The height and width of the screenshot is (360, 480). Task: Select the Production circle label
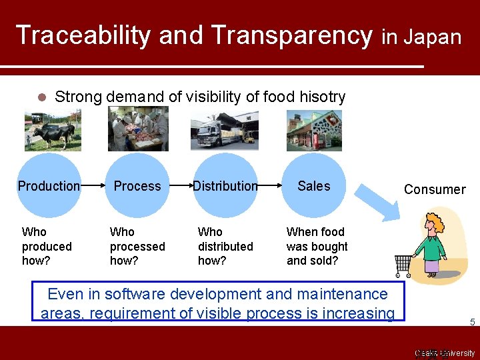click(x=49, y=186)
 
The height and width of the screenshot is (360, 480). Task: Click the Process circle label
click(x=137, y=186)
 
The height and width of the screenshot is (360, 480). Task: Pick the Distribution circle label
click(x=225, y=186)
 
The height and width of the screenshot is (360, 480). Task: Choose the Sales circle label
click(x=314, y=186)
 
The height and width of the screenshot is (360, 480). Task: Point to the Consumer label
click(x=435, y=189)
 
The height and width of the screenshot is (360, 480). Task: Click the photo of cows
click(x=53, y=131)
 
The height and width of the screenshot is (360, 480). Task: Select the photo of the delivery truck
click(x=224, y=131)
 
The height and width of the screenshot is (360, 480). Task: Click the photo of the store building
click(x=313, y=131)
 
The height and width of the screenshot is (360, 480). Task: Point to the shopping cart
click(x=403, y=265)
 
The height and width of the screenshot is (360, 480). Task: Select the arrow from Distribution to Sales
click(x=269, y=186)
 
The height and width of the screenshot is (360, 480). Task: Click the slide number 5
click(x=472, y=323)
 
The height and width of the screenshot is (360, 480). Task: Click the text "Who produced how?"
click(x=46, y=246)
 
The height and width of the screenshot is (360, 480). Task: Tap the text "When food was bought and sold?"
click(x=317, y=246)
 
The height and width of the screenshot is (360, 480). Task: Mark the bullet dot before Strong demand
click(x=41, y=97)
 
